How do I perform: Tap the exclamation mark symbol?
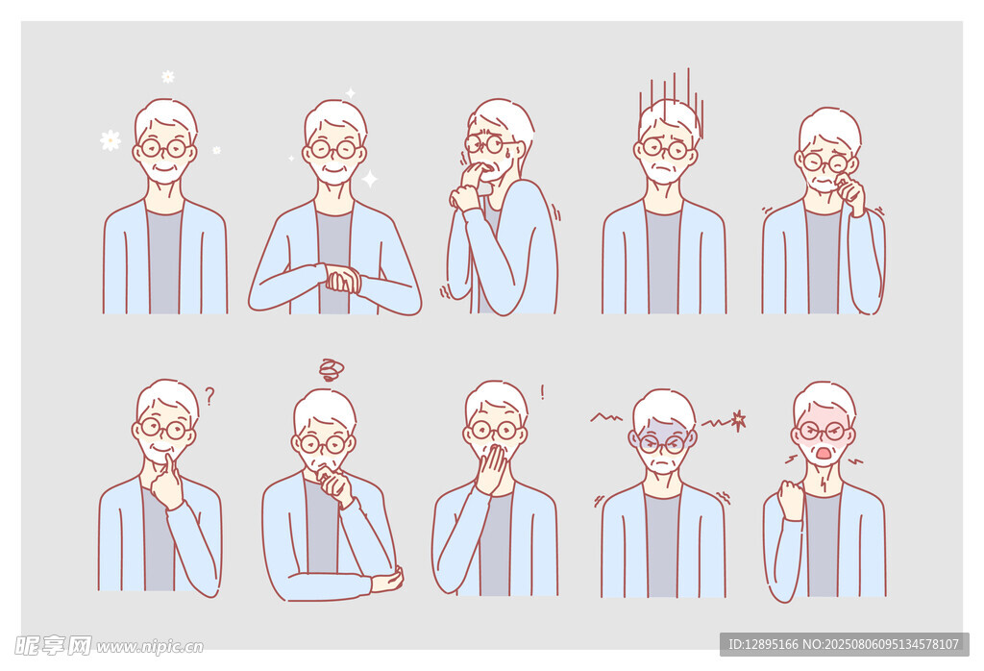[542, 393]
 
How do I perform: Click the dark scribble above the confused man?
[331, 370]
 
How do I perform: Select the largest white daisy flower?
[111, 140]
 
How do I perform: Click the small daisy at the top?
[168, 77]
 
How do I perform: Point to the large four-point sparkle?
[370, 179]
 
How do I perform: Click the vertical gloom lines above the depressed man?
[672, 100]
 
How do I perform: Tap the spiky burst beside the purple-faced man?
[739, 420]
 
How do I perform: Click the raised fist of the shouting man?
[791, 500]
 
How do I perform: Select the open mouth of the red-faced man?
[824, 453]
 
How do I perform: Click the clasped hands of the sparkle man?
[343, 280]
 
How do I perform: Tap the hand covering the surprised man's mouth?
[491, 468]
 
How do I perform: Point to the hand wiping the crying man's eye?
[849, 191]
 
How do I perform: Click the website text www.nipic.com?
[149, 647]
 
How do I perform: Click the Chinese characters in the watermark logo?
[53, 645]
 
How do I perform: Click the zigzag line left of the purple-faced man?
[606, 417]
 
